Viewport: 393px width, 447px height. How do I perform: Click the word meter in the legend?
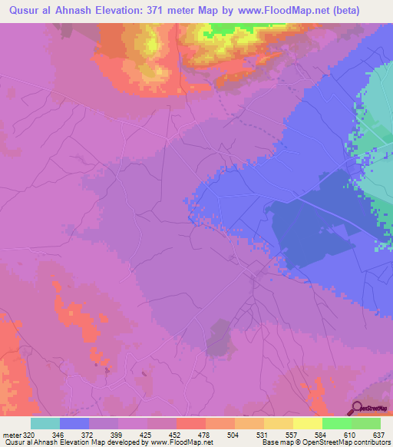click(x=11, y=434)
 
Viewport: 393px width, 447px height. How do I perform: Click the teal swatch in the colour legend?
click(x=45, y=423)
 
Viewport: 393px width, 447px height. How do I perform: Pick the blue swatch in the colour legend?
click(x=74, y=423)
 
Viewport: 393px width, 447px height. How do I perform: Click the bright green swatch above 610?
click(x=336, y=423)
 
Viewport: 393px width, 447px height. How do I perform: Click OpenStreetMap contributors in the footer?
click(x=346, y=443)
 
